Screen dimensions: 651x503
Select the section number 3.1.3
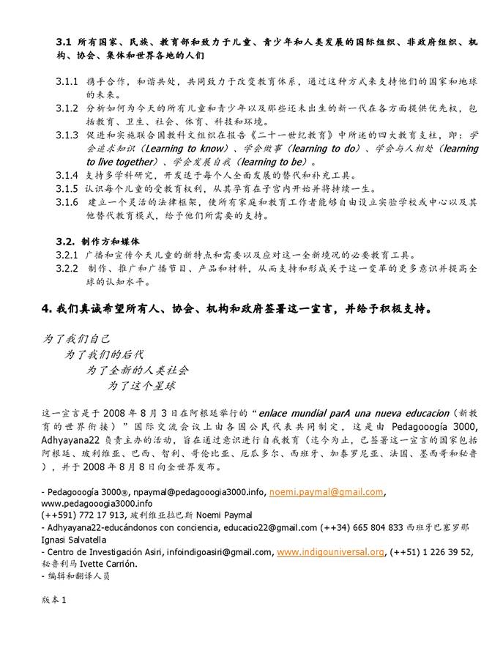tap(67, 135)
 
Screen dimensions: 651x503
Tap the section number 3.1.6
tap(67, 201)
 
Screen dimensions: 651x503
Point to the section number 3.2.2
tap(67, 268)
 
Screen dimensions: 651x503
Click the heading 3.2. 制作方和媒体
tap(98, 241)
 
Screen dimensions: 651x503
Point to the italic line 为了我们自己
tap(76, 338)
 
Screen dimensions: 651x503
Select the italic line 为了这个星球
tap(142, 384)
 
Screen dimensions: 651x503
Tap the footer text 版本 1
tap(54, 600)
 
